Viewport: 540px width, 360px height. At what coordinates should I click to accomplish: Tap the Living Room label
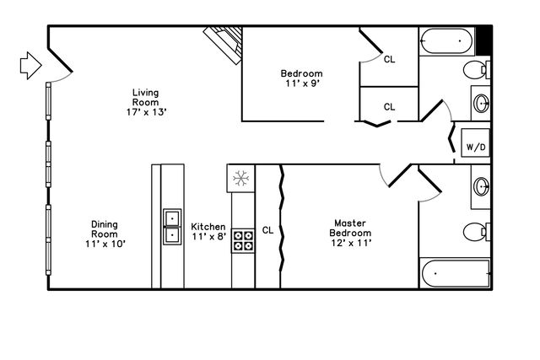pyautogui.click(x=145, y=102)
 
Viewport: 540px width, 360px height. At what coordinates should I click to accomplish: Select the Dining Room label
pyautogui.click(x=104, y=234)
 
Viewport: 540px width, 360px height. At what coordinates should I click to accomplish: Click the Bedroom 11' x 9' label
pyautogui.click(x=301, y=78)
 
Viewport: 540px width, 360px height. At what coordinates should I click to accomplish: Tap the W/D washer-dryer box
pyautogui.click(x=476, y=146)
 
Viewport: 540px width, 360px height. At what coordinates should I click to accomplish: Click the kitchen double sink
pyautogui.click(x=172, y=226)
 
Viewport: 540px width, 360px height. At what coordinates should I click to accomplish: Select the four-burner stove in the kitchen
pyautogui.click(x=243, y=240)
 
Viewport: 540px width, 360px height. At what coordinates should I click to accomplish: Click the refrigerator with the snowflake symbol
pyautogui.click(x=240, y=178)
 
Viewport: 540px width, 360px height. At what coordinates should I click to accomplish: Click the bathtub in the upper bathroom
pyautogui.click(x=447, y=40)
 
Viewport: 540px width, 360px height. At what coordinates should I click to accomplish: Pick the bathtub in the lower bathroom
pyautogui.click(x=455, y=274)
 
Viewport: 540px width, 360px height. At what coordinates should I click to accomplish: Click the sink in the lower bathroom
pyautogui.click(x=481, y=186)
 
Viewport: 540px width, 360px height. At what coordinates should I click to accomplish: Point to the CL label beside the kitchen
pyautogui.click(x=267, y=229)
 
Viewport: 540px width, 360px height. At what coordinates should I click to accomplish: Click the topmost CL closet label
pyautogui.click(x=389, y=59)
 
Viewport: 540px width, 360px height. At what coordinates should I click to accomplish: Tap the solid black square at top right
pyautogui.click(x=483, y=40)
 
